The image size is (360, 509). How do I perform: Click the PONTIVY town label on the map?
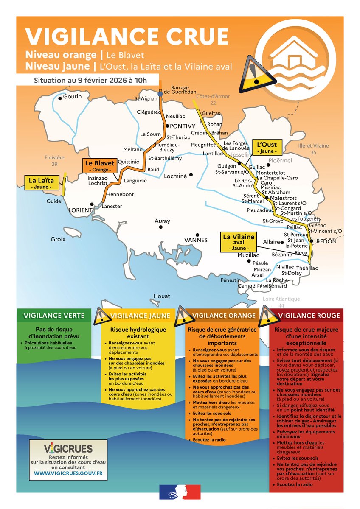[183, 126]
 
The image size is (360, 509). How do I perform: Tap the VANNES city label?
[195, 240]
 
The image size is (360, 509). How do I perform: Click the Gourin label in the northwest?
[72, 97]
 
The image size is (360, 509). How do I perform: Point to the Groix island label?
[58, 239]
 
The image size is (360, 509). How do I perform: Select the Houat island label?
[161, 296]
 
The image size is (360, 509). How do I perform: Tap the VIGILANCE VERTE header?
[54, 315]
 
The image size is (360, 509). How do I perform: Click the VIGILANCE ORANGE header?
[224, 315]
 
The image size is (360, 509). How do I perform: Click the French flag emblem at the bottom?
[180, 492]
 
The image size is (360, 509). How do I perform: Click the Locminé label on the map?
[175, 175]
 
